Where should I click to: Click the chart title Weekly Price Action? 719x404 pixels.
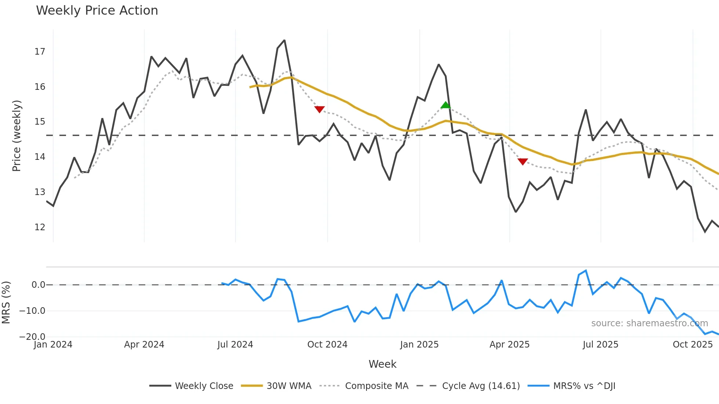tap(97, 10)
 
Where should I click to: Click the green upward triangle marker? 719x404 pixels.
tap(445, 105)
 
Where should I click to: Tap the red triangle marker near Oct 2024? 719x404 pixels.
tap(320, 109)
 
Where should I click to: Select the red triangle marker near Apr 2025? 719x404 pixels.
tap(523, 161)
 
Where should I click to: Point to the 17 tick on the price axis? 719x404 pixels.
tap(40, 52)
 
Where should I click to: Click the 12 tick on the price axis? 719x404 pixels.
tap(40, 227)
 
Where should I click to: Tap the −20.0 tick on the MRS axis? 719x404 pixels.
tap(32, 337)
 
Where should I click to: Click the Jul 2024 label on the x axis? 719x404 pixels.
tap(235, 345)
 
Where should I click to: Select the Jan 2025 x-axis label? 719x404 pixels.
tap(419, 345)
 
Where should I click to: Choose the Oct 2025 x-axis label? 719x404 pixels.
tap(693, 345)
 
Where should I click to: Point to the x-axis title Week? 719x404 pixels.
tap(382, 364)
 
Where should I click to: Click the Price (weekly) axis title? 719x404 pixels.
tap(17, 136)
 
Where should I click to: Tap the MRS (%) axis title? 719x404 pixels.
tap(6, 302)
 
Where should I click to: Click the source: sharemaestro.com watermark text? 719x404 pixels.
tap(649, 323)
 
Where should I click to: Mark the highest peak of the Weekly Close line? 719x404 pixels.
tap(284, 40)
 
